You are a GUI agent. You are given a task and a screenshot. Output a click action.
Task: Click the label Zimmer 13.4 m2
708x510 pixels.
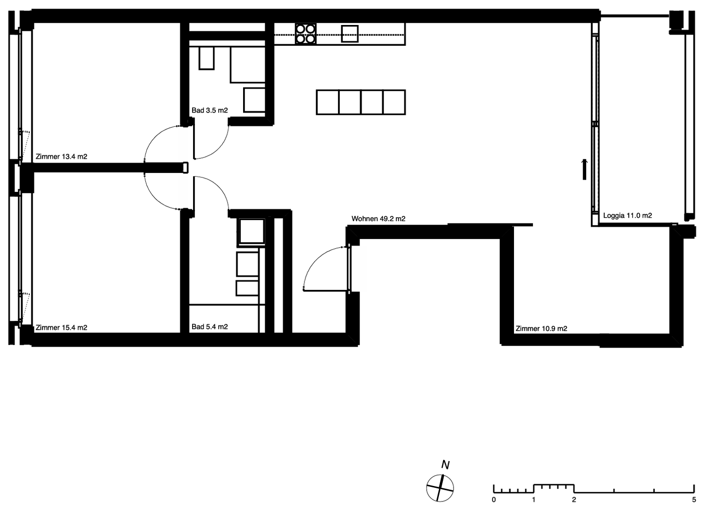(x=61, y=156)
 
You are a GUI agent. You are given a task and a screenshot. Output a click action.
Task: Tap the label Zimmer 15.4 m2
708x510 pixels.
(x=61, y=328)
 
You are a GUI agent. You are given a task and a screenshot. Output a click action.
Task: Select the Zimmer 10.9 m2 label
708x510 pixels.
(x=541, y=329)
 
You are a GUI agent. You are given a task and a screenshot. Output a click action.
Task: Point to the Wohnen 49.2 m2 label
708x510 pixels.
(x=379, y=219)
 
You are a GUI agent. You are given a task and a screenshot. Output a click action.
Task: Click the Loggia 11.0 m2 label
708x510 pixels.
(x=627, y=215)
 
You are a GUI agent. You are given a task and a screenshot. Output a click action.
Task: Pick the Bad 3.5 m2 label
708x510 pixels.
(x=210, y=110)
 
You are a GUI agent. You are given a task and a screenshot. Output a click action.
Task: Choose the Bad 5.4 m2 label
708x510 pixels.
(x=210, y=327)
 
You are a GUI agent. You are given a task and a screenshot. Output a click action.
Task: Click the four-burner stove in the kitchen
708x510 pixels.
(x=306, y=34)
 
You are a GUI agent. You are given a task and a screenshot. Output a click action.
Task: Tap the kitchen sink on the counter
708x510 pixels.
(x=350, y=33)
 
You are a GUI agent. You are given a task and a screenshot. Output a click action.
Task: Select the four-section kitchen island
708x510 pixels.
(x=361, y=102)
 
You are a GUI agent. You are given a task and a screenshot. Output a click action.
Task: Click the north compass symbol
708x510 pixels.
(x=440, y=488)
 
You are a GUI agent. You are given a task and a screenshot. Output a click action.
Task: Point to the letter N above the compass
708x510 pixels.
(x=446, y=465)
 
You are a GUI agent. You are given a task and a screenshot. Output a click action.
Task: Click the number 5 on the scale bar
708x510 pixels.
(x=694, y=500)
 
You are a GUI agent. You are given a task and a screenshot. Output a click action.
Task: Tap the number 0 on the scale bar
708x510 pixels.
(x=494, y=500)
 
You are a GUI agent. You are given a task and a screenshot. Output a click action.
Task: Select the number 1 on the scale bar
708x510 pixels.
(x=534, y=500)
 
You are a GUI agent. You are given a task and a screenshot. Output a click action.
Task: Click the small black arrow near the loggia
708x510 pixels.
(x=584, y=170)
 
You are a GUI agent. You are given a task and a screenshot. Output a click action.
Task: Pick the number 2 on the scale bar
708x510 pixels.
(x=574, y=500)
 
